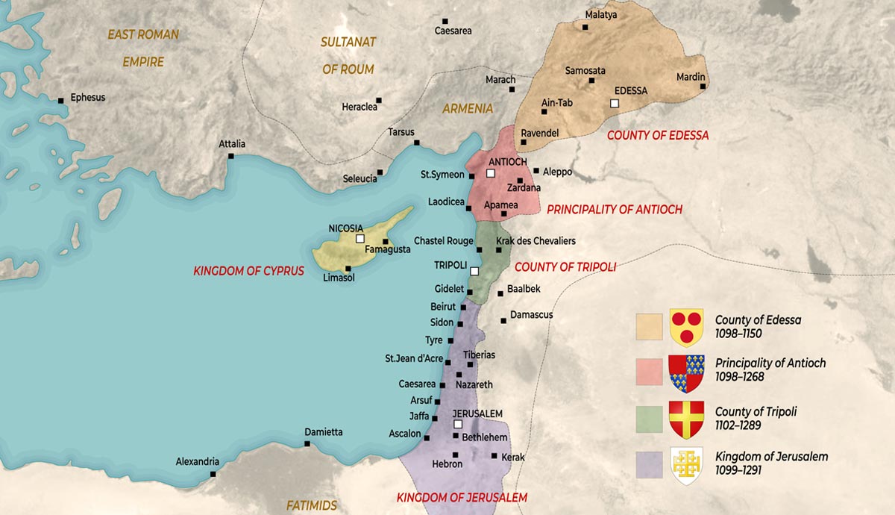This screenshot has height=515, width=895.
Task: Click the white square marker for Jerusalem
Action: point(459,425)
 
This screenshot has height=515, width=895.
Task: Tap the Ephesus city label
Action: point(87,97)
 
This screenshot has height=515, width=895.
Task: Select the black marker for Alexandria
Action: point(213,474)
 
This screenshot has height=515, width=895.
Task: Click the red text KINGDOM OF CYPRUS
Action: point(249,271)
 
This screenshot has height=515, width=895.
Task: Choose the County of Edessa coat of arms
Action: point(686,327)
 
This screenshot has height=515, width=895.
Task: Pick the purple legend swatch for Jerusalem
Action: point(649,464)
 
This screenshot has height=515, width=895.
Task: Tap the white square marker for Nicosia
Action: point(360,239)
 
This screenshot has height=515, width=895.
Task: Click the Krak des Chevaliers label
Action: point(536,241)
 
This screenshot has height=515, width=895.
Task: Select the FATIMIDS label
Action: point(312,505)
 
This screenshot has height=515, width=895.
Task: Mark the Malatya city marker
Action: point(585,27)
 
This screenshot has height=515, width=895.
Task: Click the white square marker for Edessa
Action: point(615,103)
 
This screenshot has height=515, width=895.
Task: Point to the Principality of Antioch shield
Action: point(686,373)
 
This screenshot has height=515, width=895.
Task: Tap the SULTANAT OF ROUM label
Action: point(348,55)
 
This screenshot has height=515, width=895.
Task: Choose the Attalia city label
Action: point(232,144)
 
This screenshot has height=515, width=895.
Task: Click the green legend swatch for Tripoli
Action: point(649,419)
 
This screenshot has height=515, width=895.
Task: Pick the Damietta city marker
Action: point(307,444)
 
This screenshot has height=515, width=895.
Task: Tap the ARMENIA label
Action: point(468,108)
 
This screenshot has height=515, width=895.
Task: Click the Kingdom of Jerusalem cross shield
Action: point(686,466)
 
